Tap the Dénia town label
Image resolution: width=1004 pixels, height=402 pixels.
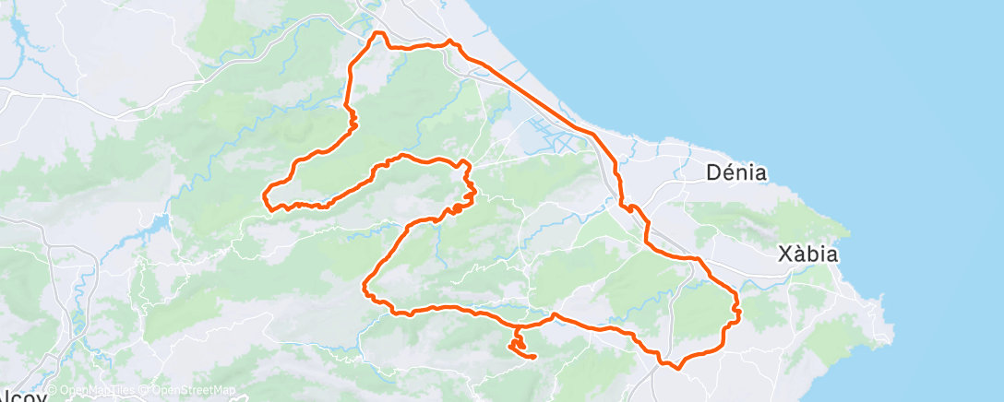point(736,172)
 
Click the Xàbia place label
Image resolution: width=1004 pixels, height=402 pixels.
point(807,254)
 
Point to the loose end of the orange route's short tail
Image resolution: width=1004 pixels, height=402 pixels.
point(534,357)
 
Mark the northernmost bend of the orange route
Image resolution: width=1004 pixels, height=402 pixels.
point(376,34)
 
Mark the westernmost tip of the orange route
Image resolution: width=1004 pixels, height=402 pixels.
point(266,195)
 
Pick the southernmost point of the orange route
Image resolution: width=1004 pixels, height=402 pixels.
point(678,368)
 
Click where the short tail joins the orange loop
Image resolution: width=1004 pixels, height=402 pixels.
point(517,328)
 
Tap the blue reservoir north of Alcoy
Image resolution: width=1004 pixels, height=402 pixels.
point(152,228)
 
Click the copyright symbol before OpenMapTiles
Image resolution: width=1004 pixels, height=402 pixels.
point(54,391)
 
